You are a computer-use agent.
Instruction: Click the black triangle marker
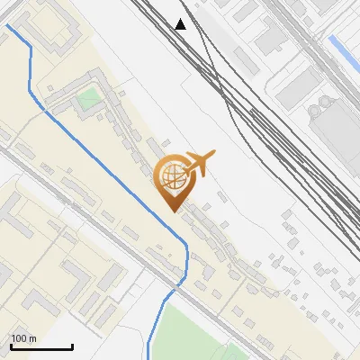click(181, 24)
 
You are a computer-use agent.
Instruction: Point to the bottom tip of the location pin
click(174, 212)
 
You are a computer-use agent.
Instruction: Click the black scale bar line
click(40, 346)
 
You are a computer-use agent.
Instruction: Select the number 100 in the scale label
click(20, 339)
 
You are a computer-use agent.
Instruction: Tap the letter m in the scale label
click(32, 339)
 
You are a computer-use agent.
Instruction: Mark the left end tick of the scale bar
click(11, 345)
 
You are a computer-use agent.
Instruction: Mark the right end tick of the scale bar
click(72, 345)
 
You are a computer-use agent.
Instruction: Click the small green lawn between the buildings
click(88, 99)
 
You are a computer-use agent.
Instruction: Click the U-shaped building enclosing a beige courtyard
click(45, 27)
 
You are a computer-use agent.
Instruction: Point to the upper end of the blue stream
click(8, 25)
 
